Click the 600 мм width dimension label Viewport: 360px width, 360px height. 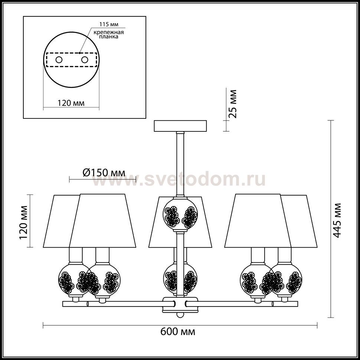[178, 331]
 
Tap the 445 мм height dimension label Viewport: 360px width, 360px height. [337, 220]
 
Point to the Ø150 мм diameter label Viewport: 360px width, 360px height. [104, 173]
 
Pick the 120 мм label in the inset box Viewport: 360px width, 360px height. [71, 103]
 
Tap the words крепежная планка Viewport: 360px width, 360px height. [109, 34]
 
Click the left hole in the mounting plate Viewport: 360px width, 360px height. [59, 60]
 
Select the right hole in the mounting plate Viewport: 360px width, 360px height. [85, 60]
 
